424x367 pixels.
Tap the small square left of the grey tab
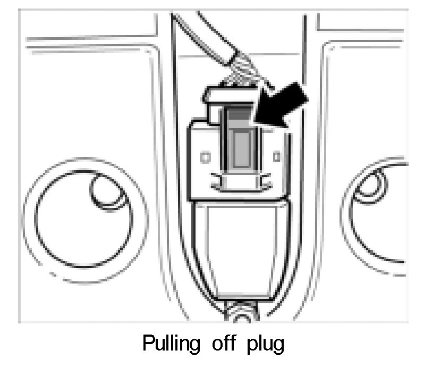[206, 157]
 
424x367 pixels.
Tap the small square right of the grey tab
[275, 156]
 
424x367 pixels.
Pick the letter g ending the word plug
[279, 346]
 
